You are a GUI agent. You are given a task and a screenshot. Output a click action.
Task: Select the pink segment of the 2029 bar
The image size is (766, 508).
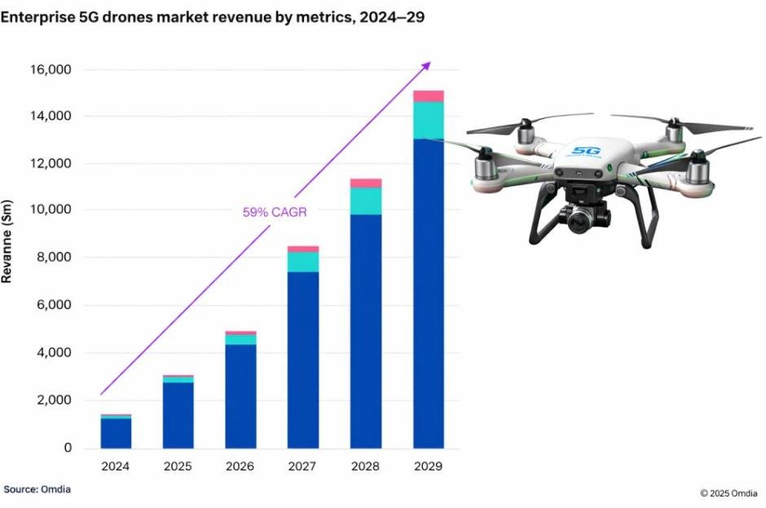428,96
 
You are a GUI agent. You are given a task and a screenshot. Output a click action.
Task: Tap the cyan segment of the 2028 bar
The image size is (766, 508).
366,201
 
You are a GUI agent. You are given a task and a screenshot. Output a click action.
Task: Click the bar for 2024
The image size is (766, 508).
116,432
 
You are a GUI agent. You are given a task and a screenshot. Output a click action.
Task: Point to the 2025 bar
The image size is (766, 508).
178,415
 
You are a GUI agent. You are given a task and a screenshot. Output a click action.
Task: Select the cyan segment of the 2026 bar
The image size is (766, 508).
240,339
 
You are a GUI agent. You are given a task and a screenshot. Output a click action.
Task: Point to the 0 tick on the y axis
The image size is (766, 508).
68,448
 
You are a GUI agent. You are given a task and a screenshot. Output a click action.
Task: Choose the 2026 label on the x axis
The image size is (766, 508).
240,466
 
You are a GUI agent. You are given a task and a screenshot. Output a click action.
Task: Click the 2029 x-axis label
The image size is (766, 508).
428,466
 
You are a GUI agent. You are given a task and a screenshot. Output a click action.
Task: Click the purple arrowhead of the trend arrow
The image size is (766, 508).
427,65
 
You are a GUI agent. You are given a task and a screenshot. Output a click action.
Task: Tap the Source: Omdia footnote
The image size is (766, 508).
37,489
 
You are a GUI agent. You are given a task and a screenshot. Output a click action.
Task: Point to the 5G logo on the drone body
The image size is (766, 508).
585,151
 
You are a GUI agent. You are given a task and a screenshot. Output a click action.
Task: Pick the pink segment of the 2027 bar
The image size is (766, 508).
303,249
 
